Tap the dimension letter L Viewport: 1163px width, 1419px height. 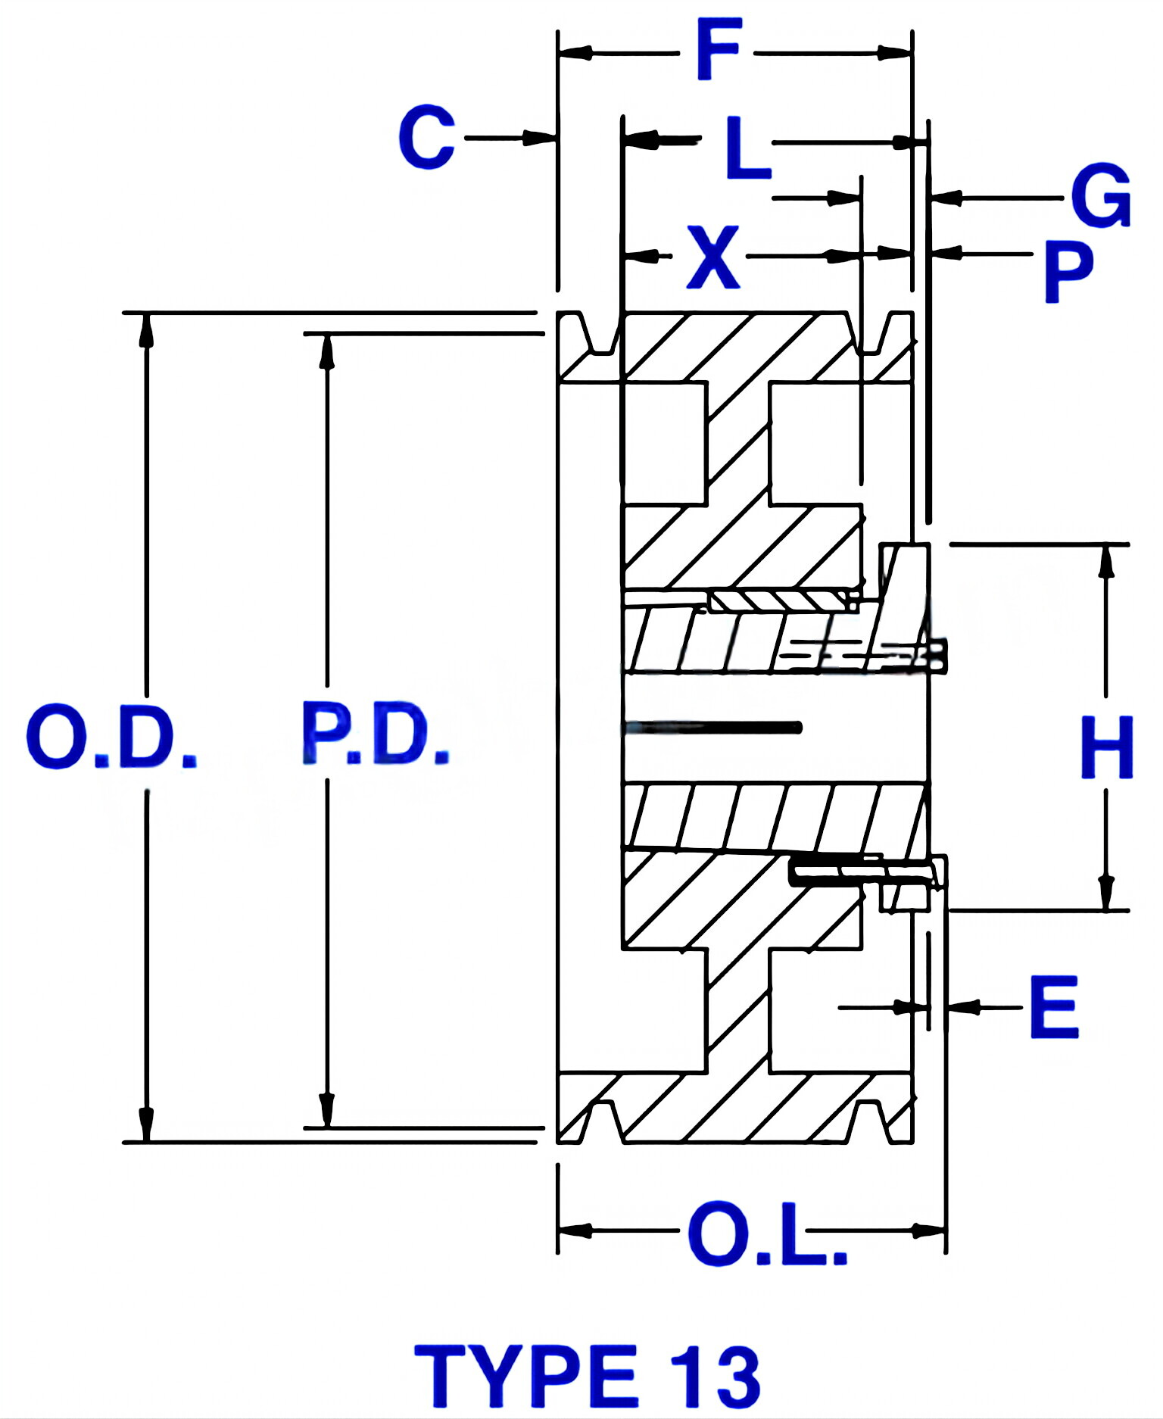pyautogui.click(x=747, y=148)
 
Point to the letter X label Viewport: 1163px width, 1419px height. pyautogui.click(x=712, y=257)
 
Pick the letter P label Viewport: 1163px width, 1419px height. pyautogui.click(x=1068, y=272)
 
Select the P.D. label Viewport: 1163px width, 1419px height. pyautogui.click(x=376, y=734)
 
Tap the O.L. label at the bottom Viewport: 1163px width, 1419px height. pyautogui.click(x=767, y=1235)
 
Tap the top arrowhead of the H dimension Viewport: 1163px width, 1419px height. pyautogui.click(x=1106, y=560)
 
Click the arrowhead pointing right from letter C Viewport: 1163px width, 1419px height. pyautogui.click(x=539, y=138)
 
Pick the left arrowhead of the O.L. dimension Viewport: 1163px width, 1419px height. pyautogui.click(x=575, y=1230)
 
